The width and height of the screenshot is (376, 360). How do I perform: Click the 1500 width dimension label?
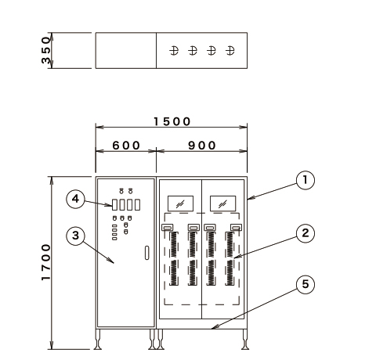tap(172, 121)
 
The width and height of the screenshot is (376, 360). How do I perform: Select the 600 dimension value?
tap(126, 146)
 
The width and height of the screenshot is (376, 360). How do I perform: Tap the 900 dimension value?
tap(202, 146)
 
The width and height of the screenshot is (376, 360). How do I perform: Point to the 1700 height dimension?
tap(45, 262)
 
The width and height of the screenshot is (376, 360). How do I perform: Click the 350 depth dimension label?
tap(45, 50)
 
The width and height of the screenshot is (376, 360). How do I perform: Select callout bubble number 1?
tap(305, 180)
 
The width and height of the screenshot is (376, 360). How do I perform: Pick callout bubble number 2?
tap(305, 233)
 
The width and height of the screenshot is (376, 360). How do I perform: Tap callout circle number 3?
tap(75, 236)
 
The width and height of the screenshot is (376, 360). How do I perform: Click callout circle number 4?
tap(75, 200)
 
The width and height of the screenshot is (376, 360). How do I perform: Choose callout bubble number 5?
tap(305, 284)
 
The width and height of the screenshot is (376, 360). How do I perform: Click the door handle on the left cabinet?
tap(147, 253)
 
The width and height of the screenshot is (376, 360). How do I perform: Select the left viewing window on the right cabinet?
tap(180, 203)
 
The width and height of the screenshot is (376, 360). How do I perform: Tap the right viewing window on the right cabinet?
tap(223, 203)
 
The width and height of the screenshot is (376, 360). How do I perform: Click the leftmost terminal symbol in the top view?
tap(174, 50)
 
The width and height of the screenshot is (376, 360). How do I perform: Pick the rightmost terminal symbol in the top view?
tap(230, 50)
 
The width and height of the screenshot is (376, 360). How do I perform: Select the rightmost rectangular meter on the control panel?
tap(137, 205)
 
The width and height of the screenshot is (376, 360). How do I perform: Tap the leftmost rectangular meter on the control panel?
tap(114, 205)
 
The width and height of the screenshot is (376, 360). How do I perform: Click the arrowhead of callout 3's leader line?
tap(111, 261)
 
